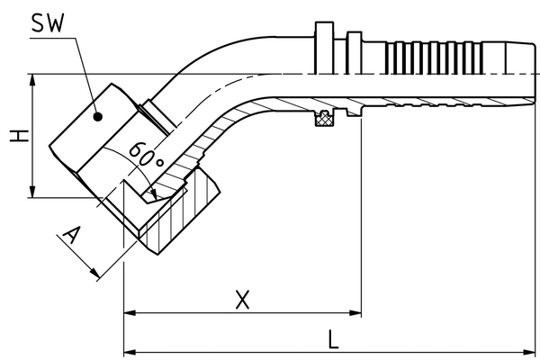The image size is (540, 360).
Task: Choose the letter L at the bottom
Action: tap(334, 339)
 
